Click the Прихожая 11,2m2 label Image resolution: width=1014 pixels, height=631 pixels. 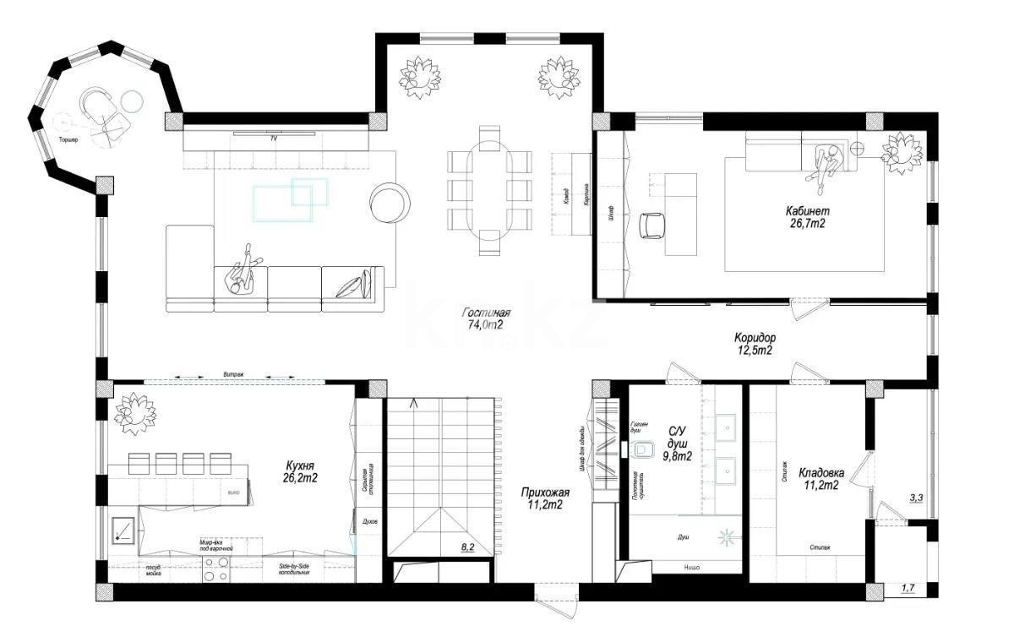point(542,498)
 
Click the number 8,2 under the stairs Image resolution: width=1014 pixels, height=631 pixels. point(467,547)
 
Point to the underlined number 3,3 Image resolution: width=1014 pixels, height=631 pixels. point(915,498)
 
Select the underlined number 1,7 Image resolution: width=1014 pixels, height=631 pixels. point(908,588)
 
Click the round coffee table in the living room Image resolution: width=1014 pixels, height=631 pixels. point(390,203)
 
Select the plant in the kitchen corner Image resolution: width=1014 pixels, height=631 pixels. point(134,413)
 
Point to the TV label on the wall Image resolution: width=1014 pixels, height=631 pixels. point(273,137)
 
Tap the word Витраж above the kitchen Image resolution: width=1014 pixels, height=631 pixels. point(233,373)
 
